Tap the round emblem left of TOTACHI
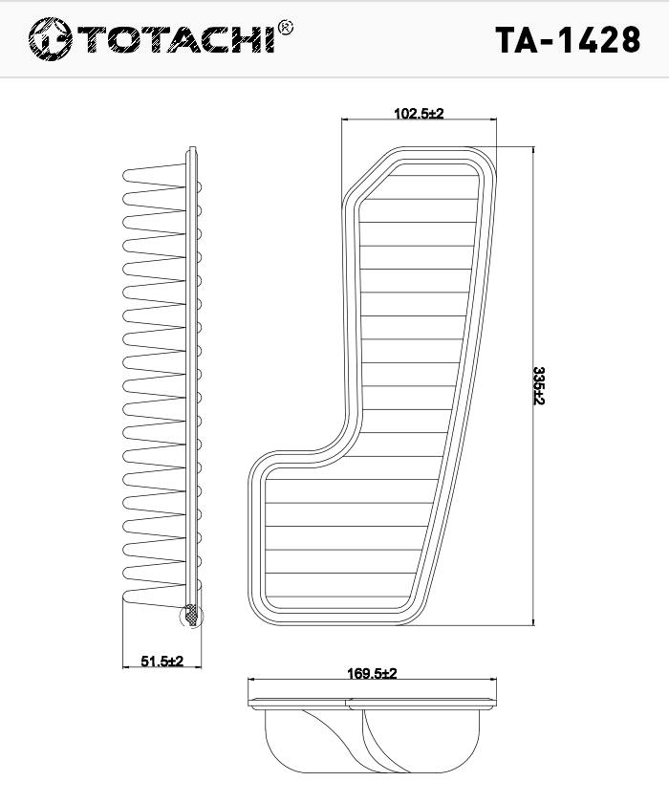50,39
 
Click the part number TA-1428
568,39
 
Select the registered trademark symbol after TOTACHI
285,28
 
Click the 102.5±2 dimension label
419,113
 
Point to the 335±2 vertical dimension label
538,385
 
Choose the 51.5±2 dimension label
162,662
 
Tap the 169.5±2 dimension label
372,673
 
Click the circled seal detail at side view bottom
191,616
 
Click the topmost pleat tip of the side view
124,175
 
